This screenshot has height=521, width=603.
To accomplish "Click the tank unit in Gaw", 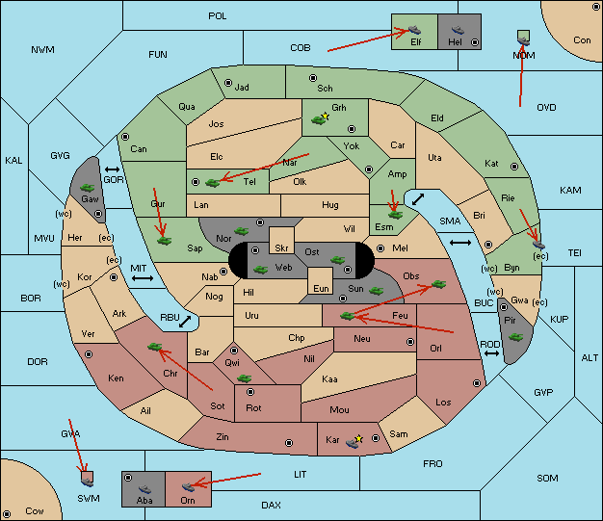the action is pyautogui.click(x=88, y=188).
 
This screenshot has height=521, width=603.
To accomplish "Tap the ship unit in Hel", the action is pyautogui.click(x=458, y=30).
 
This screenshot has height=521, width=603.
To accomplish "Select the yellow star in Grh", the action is pyautogui.click(x=326, y=116).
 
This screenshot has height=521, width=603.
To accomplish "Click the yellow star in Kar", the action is pyautogui.click(x=358, y=439).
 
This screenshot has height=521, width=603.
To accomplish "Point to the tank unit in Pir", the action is pyautogui.click(x=515, y=337).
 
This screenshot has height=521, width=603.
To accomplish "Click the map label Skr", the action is pyautogui.click(x=281, y=248).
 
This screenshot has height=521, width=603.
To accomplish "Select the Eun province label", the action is pyautogui.click(x=321, y=288).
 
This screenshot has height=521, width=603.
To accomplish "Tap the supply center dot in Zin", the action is pyautogui.click(x=289, y=443).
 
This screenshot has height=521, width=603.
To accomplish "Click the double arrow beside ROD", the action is pyautogui.click(x=491, y=353).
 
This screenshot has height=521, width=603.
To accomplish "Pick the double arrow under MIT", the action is pyautogui.click(x=143, y=278).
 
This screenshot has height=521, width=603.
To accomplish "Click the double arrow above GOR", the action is pyautogui.click(x=112, y=169).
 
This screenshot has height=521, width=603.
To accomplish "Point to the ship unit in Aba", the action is pyautogui.click(x=144, y=489).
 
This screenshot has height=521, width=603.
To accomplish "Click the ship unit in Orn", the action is pyautogui.click(x=188, y=487).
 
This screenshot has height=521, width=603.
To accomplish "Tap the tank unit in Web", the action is pyautogui.click(x=260, y=270).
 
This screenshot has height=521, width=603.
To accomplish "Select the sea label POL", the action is pyautogui.click(x=218, y=16).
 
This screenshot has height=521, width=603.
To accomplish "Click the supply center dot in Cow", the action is pyautogui.click(x=7, y=513).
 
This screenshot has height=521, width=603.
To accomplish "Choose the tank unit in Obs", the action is pyautogui.click(x=438, y=284).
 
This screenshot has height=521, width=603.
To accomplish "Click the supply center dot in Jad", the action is pyautogui.click(x=228, y=83).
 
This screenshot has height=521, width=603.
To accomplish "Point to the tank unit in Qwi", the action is pyautogui.click(x=245, y=378).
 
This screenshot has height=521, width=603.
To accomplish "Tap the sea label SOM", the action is pyautogui.click(x=547, y=478).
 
